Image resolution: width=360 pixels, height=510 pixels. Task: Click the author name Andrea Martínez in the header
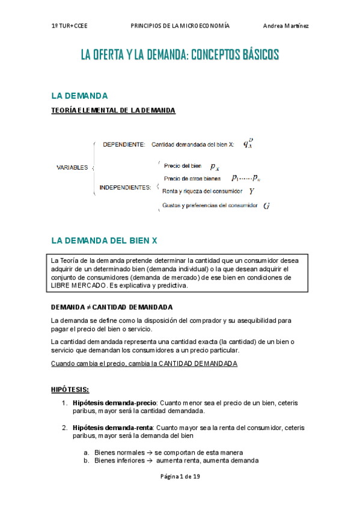[x=285, y=26]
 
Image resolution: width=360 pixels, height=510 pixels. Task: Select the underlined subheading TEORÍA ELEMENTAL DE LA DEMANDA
[x=113, y=110]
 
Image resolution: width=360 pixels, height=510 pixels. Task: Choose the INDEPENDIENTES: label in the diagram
[x=125, y=188]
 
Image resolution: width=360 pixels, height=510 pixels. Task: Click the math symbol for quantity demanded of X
[x=248, y=144]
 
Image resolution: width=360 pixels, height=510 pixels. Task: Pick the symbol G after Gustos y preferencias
[x=266, y=206]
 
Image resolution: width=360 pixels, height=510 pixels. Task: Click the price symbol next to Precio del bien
[x=215, y=166]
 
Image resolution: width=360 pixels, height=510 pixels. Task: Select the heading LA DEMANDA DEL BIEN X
[x=104, y=240]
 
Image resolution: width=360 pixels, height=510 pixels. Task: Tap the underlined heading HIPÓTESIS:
[x=70, y=389]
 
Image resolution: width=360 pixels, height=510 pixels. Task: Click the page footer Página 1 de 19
[x=180, y=493]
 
